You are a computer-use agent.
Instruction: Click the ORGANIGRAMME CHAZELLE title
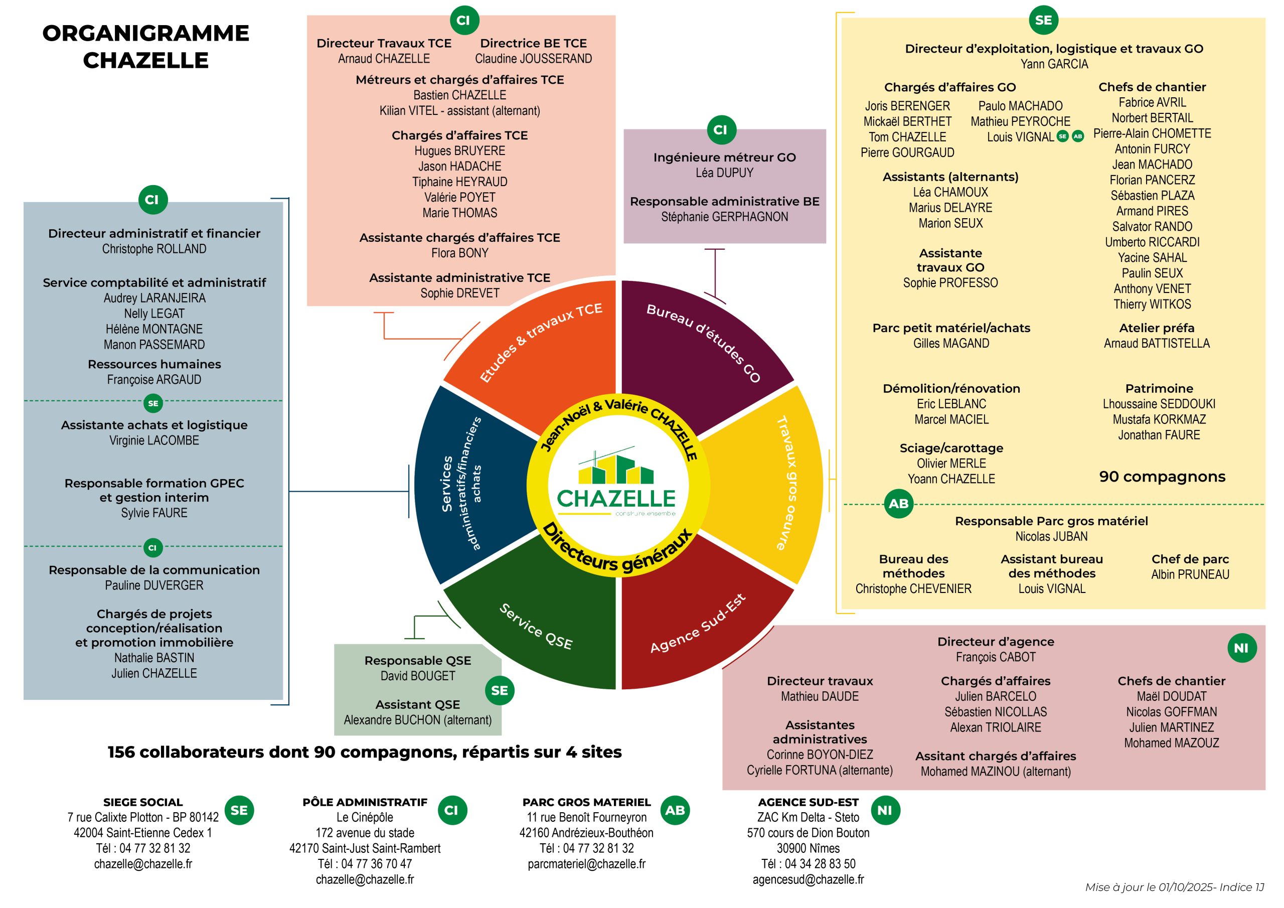pos(145,47)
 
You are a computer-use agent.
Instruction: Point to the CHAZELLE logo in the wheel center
pos(616,485)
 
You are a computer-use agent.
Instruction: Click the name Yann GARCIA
pos(1054,64)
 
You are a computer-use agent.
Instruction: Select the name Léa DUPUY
pos(724,173)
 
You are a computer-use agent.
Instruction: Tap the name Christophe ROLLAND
pos(154,249)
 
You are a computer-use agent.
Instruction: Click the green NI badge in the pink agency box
pos(1241,648)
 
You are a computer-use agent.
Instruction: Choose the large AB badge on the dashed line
pos(898,504)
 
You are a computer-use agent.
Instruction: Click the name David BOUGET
pos(417,676)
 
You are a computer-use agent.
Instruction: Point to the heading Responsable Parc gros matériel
pos(1051,521)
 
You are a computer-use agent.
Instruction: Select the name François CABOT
pos(996,657)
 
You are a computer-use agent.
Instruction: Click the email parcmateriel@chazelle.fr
pos(586,864)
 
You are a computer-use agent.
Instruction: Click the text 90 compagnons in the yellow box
pos(1162,477)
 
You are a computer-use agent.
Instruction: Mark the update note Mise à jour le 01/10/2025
pos(1174,887)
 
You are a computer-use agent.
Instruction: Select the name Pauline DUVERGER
pos(154,585)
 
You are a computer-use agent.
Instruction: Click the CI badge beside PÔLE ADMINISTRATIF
pos(451,810)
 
